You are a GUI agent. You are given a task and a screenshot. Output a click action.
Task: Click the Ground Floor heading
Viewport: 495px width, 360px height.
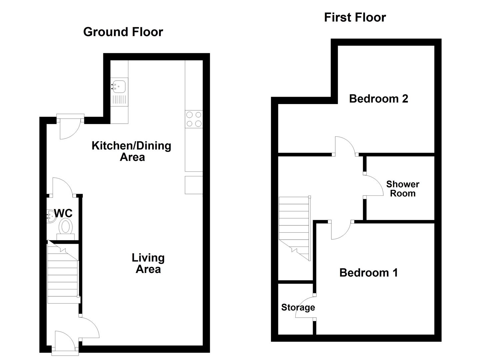click(x=123, y=32)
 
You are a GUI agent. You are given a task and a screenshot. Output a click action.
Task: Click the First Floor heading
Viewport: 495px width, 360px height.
click(x=355, y=17)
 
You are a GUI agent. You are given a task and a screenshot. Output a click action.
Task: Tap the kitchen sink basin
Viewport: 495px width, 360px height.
click(x=119, y=86)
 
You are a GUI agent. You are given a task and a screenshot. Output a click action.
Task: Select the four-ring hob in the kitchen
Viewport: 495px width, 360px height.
click(x=194, y=119)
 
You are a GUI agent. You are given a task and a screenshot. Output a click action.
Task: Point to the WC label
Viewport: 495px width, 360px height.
click(x=63, y=213)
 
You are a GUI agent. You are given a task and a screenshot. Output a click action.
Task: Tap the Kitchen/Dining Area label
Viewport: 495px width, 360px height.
click(x=131, y=151)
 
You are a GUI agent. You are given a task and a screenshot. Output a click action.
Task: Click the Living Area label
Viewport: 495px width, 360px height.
click(x=148, y=263)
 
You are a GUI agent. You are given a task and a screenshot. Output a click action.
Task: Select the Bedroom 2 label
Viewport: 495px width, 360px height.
click(x=379, y=99)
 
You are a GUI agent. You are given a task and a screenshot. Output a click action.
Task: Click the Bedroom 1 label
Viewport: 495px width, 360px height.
click(x=369, y=273)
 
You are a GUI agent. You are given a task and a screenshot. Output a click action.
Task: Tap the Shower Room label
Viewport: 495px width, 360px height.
click(x=403, y=189)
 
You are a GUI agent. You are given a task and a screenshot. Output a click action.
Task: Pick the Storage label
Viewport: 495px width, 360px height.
click(x=298, y=307)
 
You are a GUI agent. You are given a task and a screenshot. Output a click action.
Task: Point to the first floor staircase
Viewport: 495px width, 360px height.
click(x=295, y=228)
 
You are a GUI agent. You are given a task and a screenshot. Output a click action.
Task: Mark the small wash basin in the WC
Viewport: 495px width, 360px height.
click(x=50, y=216)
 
